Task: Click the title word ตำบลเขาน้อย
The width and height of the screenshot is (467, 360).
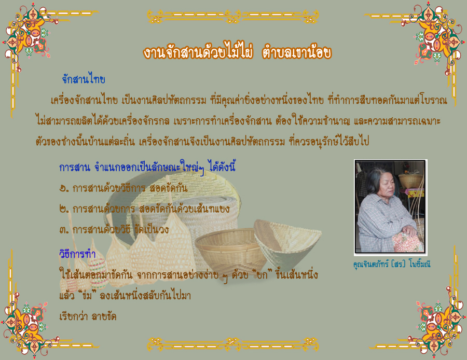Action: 297,52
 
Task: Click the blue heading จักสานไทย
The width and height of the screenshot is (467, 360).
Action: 84,79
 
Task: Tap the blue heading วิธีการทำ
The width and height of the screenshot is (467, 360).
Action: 77,254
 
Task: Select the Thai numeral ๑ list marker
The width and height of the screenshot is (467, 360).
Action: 64,188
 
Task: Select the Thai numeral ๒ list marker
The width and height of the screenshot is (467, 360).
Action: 64,210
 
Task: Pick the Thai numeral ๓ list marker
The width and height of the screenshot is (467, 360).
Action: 64,230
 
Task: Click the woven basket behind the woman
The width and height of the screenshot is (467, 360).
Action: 411,181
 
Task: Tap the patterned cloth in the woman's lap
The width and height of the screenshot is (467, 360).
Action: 407,242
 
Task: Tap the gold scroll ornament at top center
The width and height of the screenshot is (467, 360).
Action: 233,17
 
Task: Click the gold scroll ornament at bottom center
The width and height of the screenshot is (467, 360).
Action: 233,344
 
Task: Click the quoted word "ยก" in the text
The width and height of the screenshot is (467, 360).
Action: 262,274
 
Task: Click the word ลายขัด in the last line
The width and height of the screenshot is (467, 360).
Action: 104,316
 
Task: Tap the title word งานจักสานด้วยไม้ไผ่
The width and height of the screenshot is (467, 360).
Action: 198,52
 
